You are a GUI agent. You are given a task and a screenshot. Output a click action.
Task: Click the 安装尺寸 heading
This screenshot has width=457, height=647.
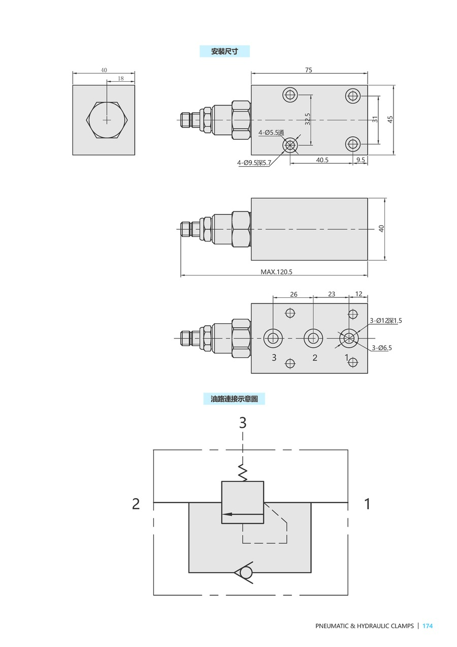pyautogui.click(x=224, y=51)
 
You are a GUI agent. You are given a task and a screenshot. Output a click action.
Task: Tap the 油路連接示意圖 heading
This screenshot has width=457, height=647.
pyautogui.click(x=234, y=399)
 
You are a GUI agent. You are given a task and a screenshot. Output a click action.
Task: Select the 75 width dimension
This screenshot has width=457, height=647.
pyautogui.click(x=309, y=71)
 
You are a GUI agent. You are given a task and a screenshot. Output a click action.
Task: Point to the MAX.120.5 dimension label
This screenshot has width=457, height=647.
pyautogui.click(x=276, y=272)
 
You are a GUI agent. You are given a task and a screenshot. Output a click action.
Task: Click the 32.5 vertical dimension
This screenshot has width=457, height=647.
pyautogui.click(x=308, y=119)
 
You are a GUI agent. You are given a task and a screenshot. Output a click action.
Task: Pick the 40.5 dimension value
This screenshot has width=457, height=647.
pyautogui.click(x=322, y=160)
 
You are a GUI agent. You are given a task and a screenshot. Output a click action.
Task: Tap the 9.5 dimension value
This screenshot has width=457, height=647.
pyautogui.click(x=361, y=160)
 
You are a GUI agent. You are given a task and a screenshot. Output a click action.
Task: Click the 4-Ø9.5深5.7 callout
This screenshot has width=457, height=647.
pyautogui.click(x=254, y=163)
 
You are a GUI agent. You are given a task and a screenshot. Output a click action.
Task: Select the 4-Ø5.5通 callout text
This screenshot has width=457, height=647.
pyautogui.click(x=271, y=133)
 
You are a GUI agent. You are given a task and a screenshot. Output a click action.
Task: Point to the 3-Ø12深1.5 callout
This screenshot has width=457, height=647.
pyautogui.click(x=385, y=320)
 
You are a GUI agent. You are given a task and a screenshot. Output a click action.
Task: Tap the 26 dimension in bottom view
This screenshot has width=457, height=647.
pyautogui.click(x=293, y=294)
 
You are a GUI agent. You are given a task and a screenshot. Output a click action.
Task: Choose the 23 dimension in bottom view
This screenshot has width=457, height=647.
pyautogui.click(x=331, y=294)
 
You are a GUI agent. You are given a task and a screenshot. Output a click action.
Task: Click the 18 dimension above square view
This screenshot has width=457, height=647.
pyautogui.click(x=120, y=78)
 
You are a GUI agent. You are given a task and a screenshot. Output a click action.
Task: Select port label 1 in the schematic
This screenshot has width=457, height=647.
pyautogui.click(x=367, y=504)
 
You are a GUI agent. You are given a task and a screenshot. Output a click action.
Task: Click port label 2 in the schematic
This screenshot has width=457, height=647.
pyautogui.click(x=136, y=504)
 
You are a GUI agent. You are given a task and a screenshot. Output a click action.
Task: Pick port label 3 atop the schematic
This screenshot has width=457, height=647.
pyautogui.click(x=243, y=422)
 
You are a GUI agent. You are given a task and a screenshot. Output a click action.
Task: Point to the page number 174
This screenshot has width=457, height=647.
pyautogui.click(x=428, y=626)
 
